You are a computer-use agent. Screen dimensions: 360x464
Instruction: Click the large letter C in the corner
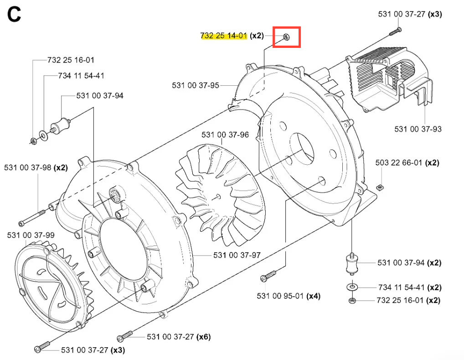point(14,15)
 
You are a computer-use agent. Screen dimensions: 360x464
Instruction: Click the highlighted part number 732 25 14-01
point(223,35)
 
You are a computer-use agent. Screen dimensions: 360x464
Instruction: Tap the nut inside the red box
point(286,37)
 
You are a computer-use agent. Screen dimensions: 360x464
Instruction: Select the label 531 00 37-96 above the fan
point(225,135)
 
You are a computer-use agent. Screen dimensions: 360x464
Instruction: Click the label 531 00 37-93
point(418,129)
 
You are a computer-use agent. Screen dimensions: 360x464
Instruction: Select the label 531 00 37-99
point(31,235)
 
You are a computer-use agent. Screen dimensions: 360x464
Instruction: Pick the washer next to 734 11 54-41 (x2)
point(351,287)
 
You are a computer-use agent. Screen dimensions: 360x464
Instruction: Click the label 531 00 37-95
point(196,85)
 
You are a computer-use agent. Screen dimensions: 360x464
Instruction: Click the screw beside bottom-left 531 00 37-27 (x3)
point(42,347)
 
